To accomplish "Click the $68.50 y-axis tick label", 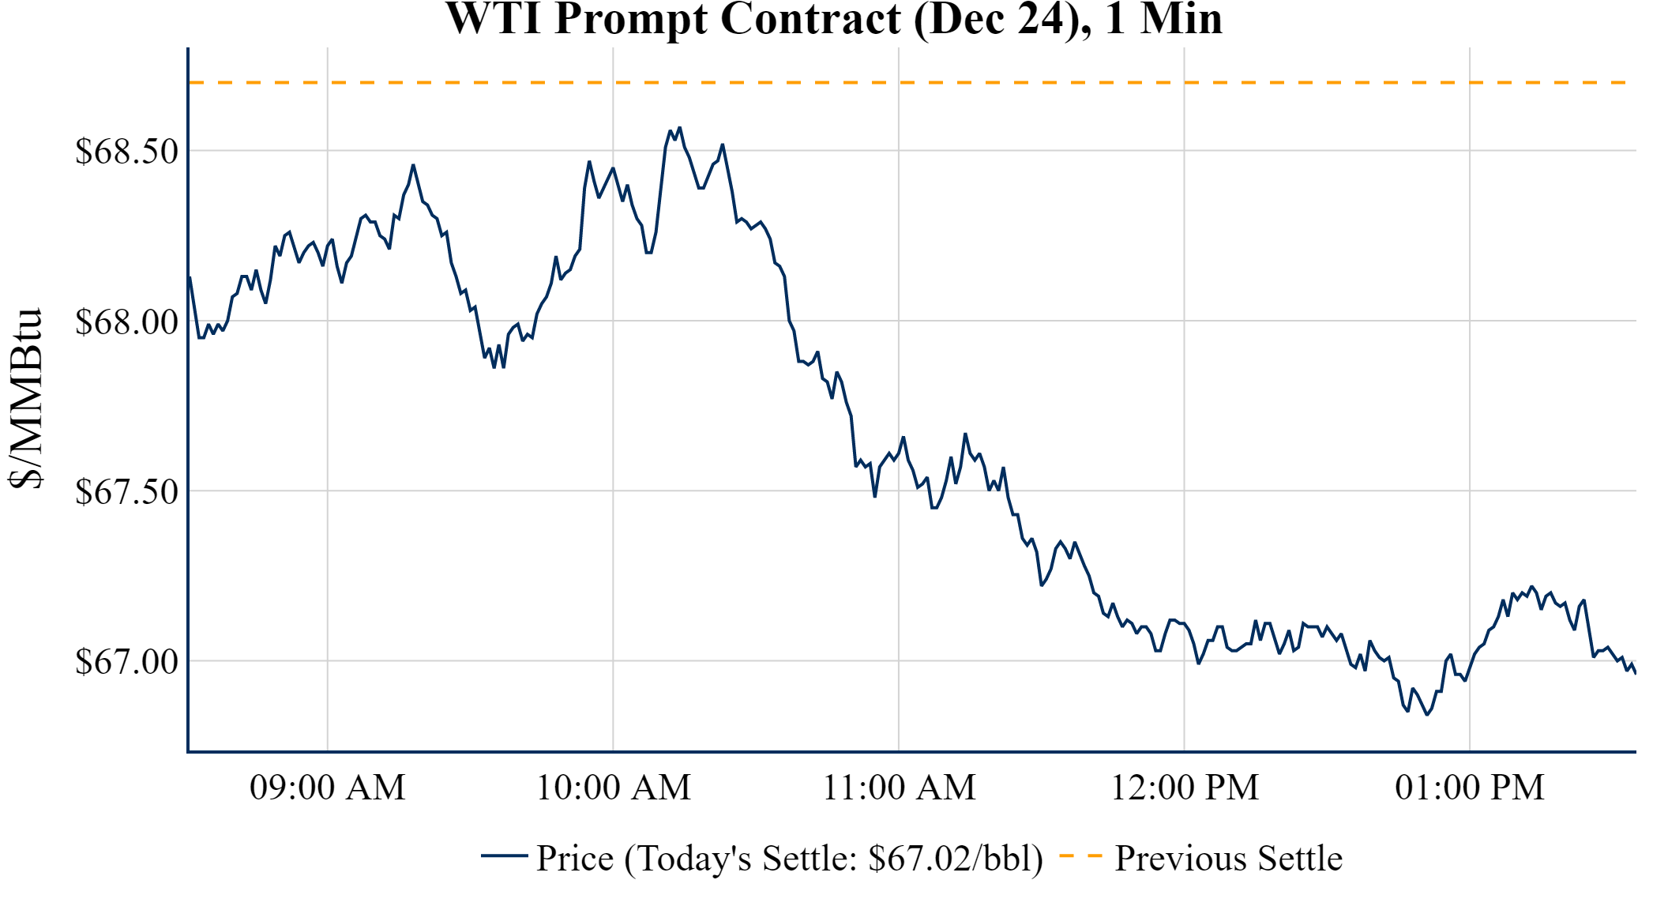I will [126, 152].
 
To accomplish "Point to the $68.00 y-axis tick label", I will [126, 322].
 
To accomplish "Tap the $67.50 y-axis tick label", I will [126, 492].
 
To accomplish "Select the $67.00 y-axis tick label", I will [126, 662].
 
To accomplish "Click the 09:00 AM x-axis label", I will [327, 788].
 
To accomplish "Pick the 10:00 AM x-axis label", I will [613, 788].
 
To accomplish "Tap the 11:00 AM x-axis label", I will [899, 788].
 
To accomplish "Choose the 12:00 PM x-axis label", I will [1184, 788].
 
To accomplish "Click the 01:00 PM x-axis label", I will [1469, 788].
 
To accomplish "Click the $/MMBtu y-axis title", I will [25, 399].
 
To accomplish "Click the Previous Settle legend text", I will [1228, 859].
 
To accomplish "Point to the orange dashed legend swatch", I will [1080, 855].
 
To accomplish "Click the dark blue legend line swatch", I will [504, 855].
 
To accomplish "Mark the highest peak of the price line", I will [679, 127].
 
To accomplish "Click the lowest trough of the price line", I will [1427, 715].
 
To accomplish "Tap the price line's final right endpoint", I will [1635, 672].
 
